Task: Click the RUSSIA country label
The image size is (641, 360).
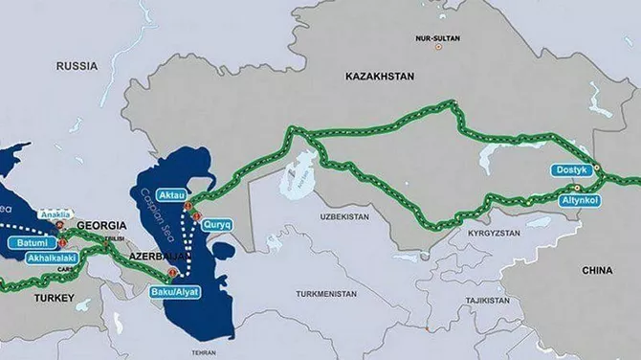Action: [77, 65]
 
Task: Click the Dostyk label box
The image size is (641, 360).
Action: [571, 170]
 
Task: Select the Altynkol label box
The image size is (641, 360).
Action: [580, 201]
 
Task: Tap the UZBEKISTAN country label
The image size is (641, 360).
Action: [343, 217]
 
